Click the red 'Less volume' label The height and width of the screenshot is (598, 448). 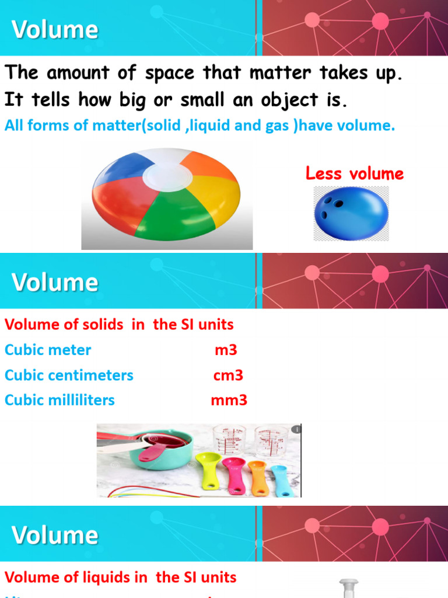355,173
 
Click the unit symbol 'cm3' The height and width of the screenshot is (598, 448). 228,376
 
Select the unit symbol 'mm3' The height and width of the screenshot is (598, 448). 229,401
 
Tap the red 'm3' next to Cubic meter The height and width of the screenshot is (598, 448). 226,350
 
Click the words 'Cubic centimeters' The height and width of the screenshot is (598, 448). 69,376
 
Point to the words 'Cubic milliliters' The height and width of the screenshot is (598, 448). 60,401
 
